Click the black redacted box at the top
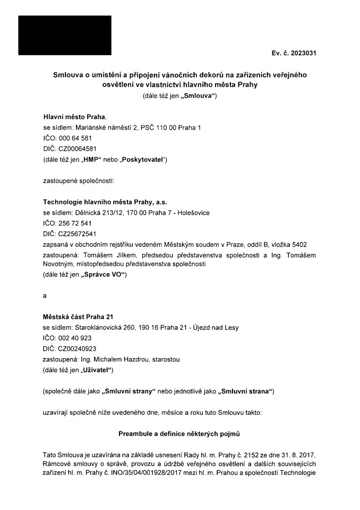click(65, 35)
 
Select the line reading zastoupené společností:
click(78, 181)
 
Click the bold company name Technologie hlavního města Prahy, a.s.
click(106, 202)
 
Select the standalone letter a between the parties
click(45, 295)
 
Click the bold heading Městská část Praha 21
click(78, 317)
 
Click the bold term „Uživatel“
click(98, 370)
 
